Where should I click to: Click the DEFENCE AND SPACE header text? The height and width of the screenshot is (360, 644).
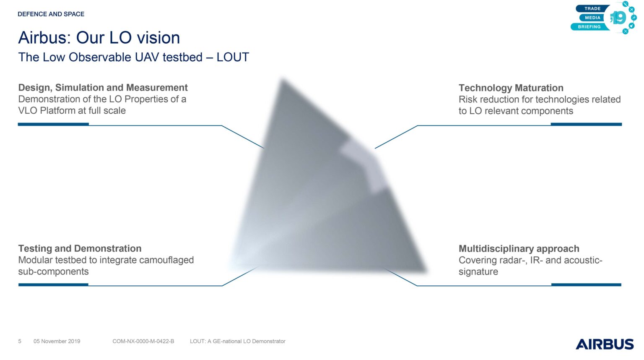pos(51,14)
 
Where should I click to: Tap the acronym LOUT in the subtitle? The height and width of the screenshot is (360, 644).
pos(233,57)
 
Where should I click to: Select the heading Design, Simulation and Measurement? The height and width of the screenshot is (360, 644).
pos(103,87)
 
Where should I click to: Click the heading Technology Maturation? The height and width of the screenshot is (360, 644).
pos(511,88)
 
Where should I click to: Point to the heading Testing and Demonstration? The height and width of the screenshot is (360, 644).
pos(80,248)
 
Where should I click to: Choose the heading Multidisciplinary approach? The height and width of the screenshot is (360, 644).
pos(519,249)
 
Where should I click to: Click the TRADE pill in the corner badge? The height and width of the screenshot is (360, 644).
pos(592,9)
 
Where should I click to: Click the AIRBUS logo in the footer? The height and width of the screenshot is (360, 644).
pos(605,344)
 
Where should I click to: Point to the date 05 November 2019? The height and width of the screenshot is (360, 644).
pos(57,341)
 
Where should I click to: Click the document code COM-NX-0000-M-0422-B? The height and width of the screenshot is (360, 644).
pos(143,341)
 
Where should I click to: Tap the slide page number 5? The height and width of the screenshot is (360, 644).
pos(20,341)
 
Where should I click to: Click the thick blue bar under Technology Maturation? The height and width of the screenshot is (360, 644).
pos(586,124)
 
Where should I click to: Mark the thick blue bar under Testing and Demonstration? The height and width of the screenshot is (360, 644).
pos(54,284)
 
